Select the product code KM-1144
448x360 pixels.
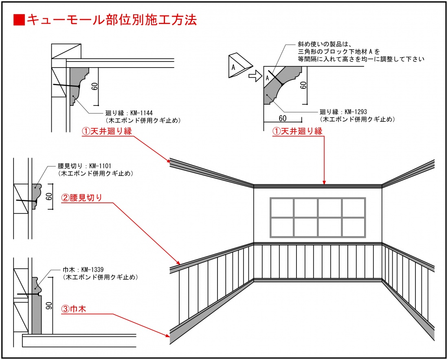[x=141, y=113]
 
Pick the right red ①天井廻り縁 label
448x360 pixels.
[x=297, y=131]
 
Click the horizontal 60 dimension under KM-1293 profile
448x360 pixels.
[x=283, y=118]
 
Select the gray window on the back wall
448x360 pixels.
[x=318, y=217]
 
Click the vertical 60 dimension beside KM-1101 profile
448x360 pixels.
[x=49, y=197]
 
